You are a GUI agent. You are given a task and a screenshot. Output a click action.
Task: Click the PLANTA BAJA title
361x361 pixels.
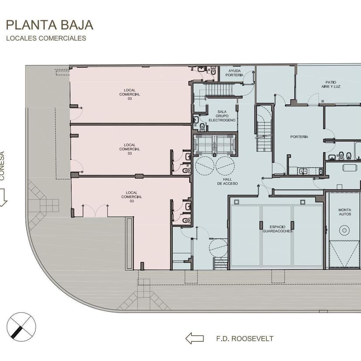[x=50, y=25]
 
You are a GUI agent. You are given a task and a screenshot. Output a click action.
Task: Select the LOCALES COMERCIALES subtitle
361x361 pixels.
[x=46, y=38]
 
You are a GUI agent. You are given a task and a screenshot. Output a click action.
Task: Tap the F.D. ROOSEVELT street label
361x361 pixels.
[x=245, y=339]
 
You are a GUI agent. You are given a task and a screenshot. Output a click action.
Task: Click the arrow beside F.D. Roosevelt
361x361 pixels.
[x=194, y=338]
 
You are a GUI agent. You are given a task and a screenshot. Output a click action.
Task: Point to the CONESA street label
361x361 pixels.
[x=2, y=166]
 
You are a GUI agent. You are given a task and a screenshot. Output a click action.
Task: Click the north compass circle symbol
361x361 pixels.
[x=21, y=327]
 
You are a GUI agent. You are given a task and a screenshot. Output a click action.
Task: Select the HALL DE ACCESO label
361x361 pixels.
[x=228, y=181]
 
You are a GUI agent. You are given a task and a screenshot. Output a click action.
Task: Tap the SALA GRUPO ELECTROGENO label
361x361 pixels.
[x=222, y=116]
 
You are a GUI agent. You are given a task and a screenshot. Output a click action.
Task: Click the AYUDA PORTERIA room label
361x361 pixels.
[x=235, y=73]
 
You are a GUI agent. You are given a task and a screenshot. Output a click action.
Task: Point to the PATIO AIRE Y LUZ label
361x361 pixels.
[x=331, y=84]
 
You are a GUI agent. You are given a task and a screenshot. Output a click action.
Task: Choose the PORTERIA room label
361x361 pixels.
[x=299, y=137]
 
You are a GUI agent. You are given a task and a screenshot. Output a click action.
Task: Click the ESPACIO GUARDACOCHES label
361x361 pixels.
[x=277, y=229]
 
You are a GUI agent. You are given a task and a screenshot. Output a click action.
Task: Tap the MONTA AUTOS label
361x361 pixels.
[x=345, y=212]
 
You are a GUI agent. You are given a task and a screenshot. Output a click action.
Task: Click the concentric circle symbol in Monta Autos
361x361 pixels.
[x=344, y=230]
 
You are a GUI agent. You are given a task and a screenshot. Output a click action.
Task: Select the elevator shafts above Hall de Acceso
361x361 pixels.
[x=215, y=145]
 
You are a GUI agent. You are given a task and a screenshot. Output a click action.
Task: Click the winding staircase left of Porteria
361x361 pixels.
[x=264, y=129]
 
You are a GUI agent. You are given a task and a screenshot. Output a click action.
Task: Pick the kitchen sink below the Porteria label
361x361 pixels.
[x=303, y=171]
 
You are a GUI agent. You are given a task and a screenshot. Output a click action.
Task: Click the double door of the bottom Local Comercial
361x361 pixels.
[x=95, y=211]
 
